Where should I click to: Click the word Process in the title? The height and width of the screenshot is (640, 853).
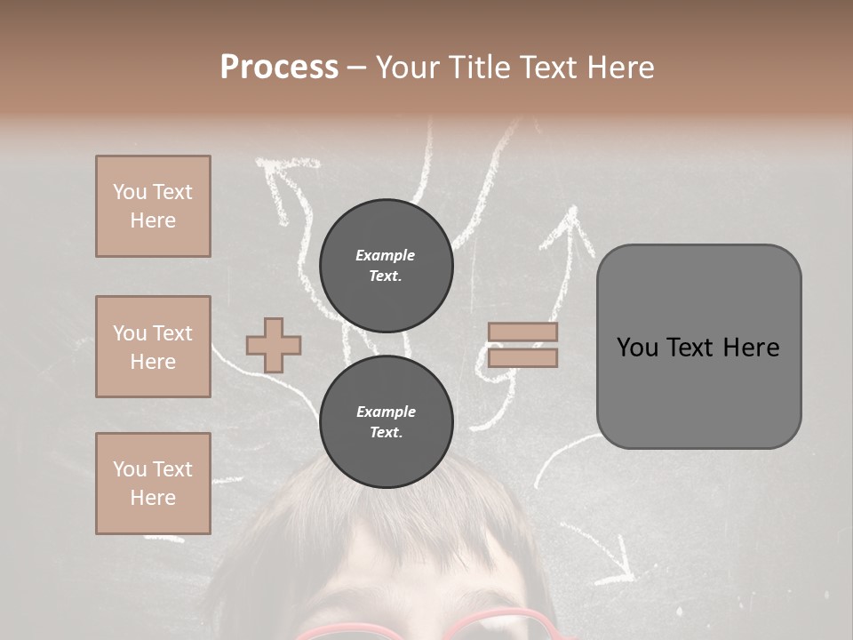click(x=279, y=68)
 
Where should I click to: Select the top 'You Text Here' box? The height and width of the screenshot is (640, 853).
click(x=153, y=206)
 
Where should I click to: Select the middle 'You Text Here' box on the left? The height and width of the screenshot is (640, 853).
click(x=153, y=347)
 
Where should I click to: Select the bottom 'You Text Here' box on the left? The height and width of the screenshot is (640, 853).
click(x=153, y=483)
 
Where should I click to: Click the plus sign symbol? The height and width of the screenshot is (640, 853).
click(x=273, y=345)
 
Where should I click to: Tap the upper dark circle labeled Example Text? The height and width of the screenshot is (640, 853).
click(x=386, y=265)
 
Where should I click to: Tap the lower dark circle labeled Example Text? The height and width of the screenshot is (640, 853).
click(x=386, y=421)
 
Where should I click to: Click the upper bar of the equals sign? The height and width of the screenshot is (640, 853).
click(x=522, y=332)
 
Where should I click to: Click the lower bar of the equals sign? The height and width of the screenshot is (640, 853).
click(x=522, y=358)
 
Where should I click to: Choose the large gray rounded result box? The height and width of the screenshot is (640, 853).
click(x=698, y=347)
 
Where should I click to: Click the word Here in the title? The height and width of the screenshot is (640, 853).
click(x=620, y=68)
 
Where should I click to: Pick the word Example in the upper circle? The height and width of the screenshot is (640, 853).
click(x=385, y=255)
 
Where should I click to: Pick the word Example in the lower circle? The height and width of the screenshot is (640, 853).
click(x=386, y=412)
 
